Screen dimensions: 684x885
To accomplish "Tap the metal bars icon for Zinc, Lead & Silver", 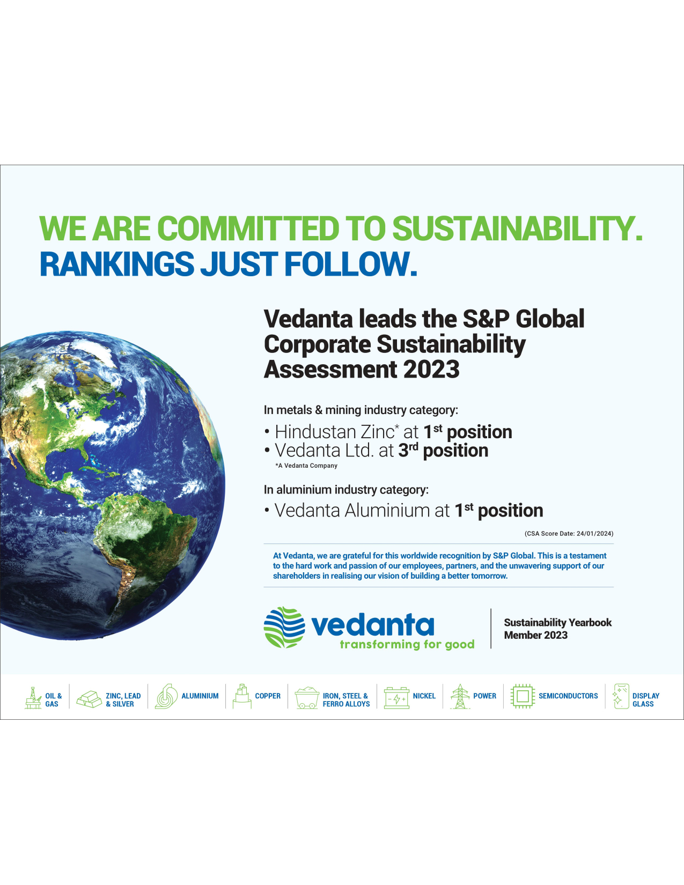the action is [89, 699].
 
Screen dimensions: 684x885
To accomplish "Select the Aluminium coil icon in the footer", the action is [166, 696].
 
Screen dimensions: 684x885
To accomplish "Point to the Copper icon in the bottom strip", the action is [242, 696].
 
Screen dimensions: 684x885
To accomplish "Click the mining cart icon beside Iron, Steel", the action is [307, 698].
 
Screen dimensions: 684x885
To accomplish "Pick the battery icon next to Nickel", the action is [396, 698].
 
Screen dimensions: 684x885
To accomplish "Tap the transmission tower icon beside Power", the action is [460, 696].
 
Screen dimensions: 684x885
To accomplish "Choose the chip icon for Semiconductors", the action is [523, 696].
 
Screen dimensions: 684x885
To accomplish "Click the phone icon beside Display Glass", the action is [621, 696].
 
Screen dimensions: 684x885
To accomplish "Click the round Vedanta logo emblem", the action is [284, 627].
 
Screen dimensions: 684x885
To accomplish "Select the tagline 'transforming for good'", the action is [407, 644].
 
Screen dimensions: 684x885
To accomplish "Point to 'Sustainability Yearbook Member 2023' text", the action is [558, 629].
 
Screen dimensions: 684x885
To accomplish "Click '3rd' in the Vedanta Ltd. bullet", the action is [408, 450].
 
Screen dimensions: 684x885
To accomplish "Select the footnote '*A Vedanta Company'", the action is [306, 466].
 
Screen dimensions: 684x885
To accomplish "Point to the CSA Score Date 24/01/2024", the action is [569, 534].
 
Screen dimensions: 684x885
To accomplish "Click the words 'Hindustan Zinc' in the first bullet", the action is [334, 432].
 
